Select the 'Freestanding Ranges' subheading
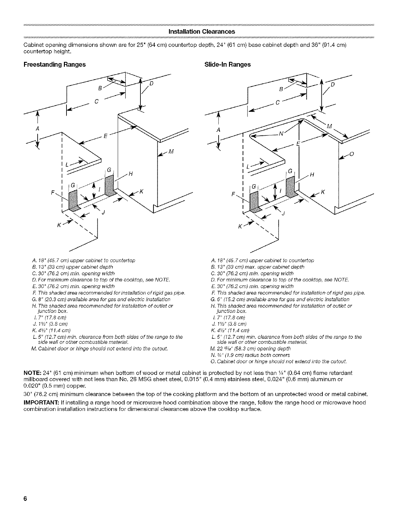tap(54, 64)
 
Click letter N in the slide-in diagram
tap(281, 134)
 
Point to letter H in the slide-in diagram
tap(312, 175)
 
